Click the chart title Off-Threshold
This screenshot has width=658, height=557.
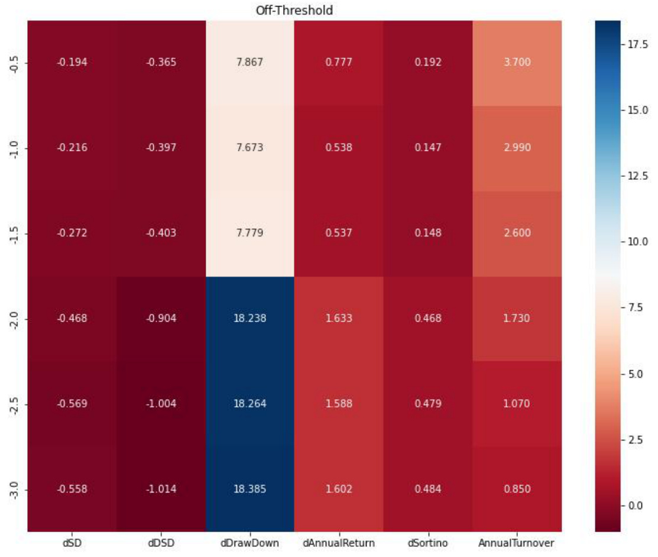click(x=294, y=11)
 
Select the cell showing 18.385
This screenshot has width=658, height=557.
click(x=249, y=489)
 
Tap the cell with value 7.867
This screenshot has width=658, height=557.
click(x=249, y=63)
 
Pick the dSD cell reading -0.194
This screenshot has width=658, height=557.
click(x=72, y=63)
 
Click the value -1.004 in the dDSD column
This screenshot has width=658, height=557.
click(x=161, y=404)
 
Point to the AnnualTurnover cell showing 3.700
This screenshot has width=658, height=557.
click(x=517, y=63)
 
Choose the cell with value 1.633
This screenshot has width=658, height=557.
click(x=339, y=318)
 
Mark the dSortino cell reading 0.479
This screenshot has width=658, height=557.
click(x=427, y=404)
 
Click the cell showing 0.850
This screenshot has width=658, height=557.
click(x=517, y=489)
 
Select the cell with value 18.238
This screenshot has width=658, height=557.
click(x=249, y=318)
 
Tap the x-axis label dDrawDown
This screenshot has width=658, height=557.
click(x=249, y=542)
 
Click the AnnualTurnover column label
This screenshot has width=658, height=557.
click(x=517, y=542)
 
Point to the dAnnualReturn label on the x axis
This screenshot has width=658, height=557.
click(x=339, y=542)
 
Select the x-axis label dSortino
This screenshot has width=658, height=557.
click(x=427, y=542)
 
